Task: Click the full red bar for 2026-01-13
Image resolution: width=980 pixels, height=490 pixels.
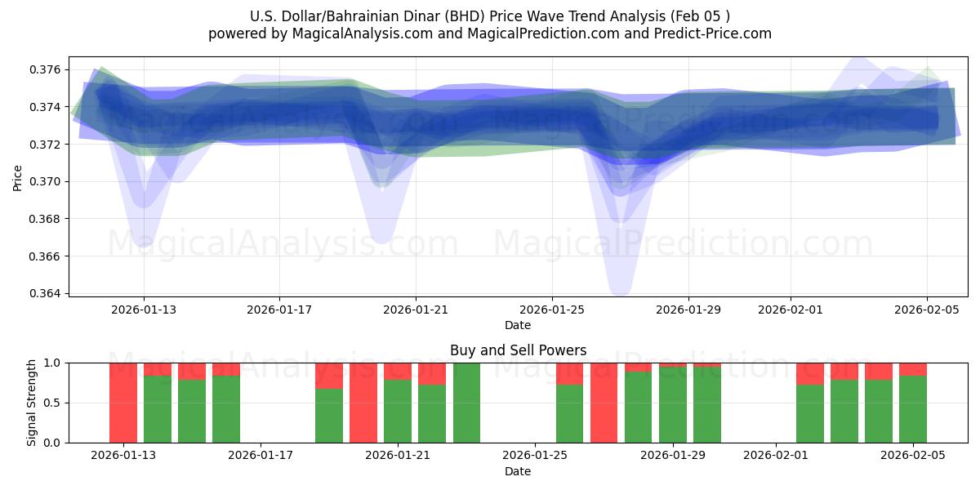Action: point(123,403)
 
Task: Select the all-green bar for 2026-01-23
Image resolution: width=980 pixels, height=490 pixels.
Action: point(466,403)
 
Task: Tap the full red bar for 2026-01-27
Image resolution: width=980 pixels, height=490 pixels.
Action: point(604,403)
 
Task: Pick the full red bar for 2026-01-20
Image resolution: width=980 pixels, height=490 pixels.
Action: point(363,403)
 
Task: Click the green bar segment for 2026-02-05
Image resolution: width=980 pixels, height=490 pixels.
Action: point(912,409)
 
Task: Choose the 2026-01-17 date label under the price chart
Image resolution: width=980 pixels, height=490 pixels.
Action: point(279,310)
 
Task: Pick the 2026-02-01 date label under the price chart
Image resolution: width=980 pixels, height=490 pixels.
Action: point(791,310)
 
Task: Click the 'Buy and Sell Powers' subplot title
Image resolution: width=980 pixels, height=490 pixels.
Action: point(518,350)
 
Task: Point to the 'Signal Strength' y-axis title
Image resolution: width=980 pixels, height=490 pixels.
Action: point(31,403)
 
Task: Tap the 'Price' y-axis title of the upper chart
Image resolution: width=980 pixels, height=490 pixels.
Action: point(18,176)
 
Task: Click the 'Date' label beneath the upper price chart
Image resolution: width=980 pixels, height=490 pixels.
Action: point(518,325)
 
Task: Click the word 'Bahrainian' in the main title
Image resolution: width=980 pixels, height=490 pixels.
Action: point(396,16)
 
